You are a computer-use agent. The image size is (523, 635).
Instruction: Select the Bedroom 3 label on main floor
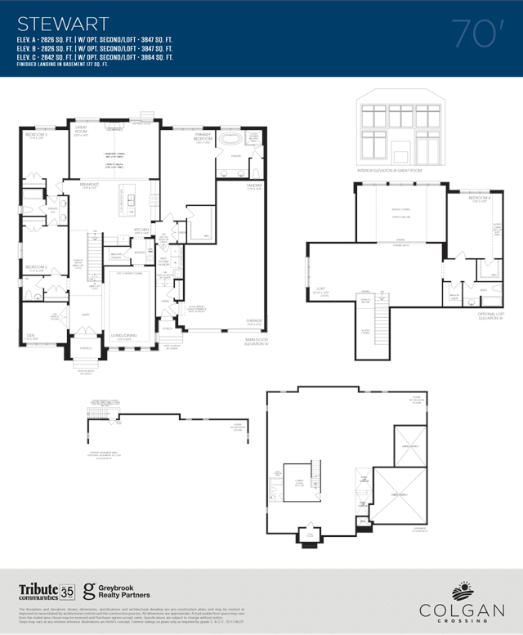[35, 135]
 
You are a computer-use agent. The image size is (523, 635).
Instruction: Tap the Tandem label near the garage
[253, 186]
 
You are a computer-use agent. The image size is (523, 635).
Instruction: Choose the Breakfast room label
[89, 185]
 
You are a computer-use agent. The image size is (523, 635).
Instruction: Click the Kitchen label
[141, 230]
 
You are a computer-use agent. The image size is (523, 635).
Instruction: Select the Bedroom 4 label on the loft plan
[480, 199]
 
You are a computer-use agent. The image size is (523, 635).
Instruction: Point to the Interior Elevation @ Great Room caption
[400, 171]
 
